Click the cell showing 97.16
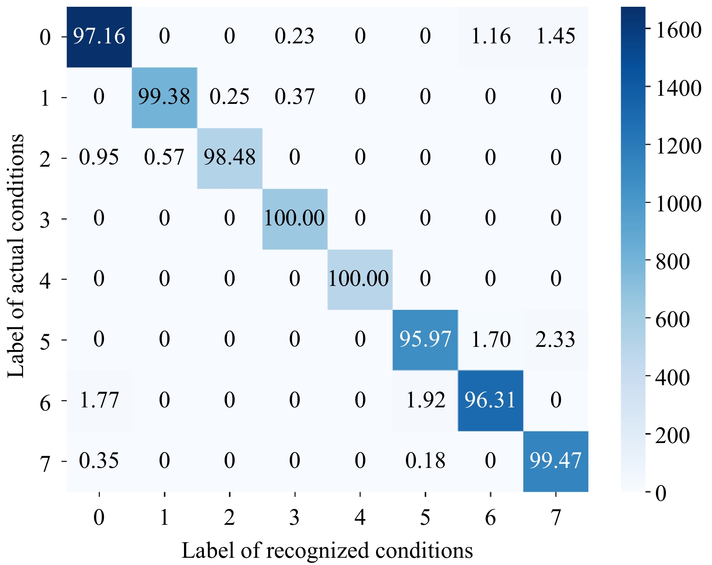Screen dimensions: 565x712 point(99,36)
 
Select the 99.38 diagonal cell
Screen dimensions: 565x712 point(164,97)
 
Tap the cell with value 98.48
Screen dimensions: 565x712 point(230,158)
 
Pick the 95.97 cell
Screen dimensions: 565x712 point(425,340)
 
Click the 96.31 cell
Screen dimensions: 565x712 point(490,400)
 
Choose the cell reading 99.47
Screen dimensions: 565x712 point(556,461)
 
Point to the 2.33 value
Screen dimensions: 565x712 point(556,340)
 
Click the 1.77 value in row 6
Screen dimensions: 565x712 point(99,400)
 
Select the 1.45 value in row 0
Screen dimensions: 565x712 point(556,36)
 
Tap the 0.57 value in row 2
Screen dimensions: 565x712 point(164,158)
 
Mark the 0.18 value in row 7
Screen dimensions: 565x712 point(425,461)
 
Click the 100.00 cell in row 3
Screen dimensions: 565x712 point(295,219)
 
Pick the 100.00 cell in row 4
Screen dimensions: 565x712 point(359,279)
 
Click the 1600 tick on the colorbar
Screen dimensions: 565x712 point(678,30)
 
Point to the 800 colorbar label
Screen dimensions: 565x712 point(673,261)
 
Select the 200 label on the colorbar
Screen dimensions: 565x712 point(673,435)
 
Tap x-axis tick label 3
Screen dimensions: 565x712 point(295,517)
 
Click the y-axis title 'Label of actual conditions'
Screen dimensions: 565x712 point(16,255)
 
